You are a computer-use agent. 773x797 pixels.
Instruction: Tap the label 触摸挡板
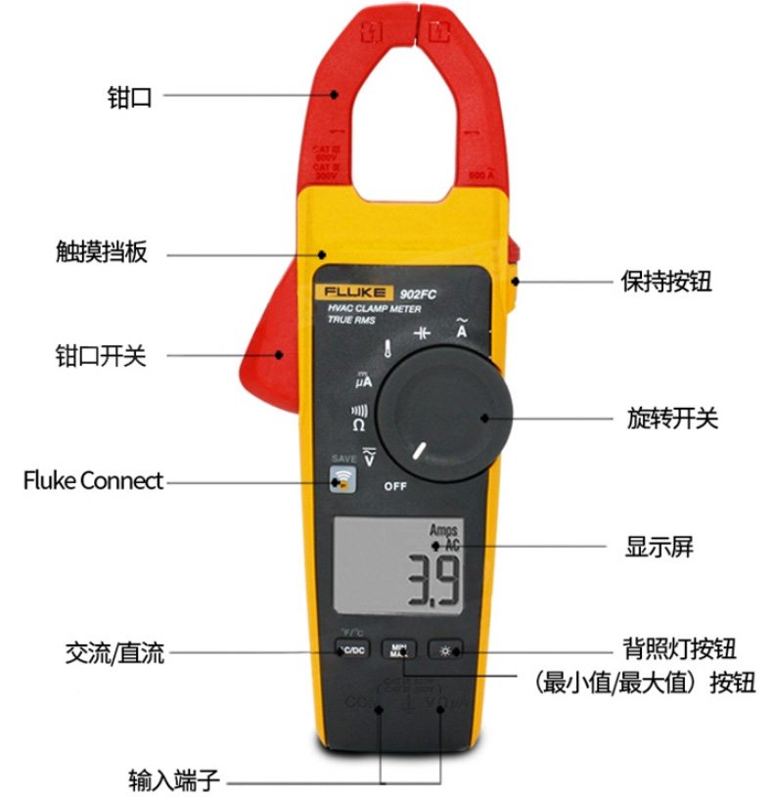[101, 253]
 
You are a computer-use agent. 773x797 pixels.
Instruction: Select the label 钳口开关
[100, 355]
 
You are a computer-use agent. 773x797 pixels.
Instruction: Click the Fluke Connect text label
[93, 481]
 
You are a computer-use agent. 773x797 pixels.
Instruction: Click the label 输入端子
[175, 781]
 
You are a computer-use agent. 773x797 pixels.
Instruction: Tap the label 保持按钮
[666, 282]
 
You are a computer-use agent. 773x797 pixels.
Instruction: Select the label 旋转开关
[672, 420]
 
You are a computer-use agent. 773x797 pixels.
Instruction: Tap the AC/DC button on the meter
[352, 649]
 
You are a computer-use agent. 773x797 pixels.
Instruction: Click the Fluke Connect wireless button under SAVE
[342, 480]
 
